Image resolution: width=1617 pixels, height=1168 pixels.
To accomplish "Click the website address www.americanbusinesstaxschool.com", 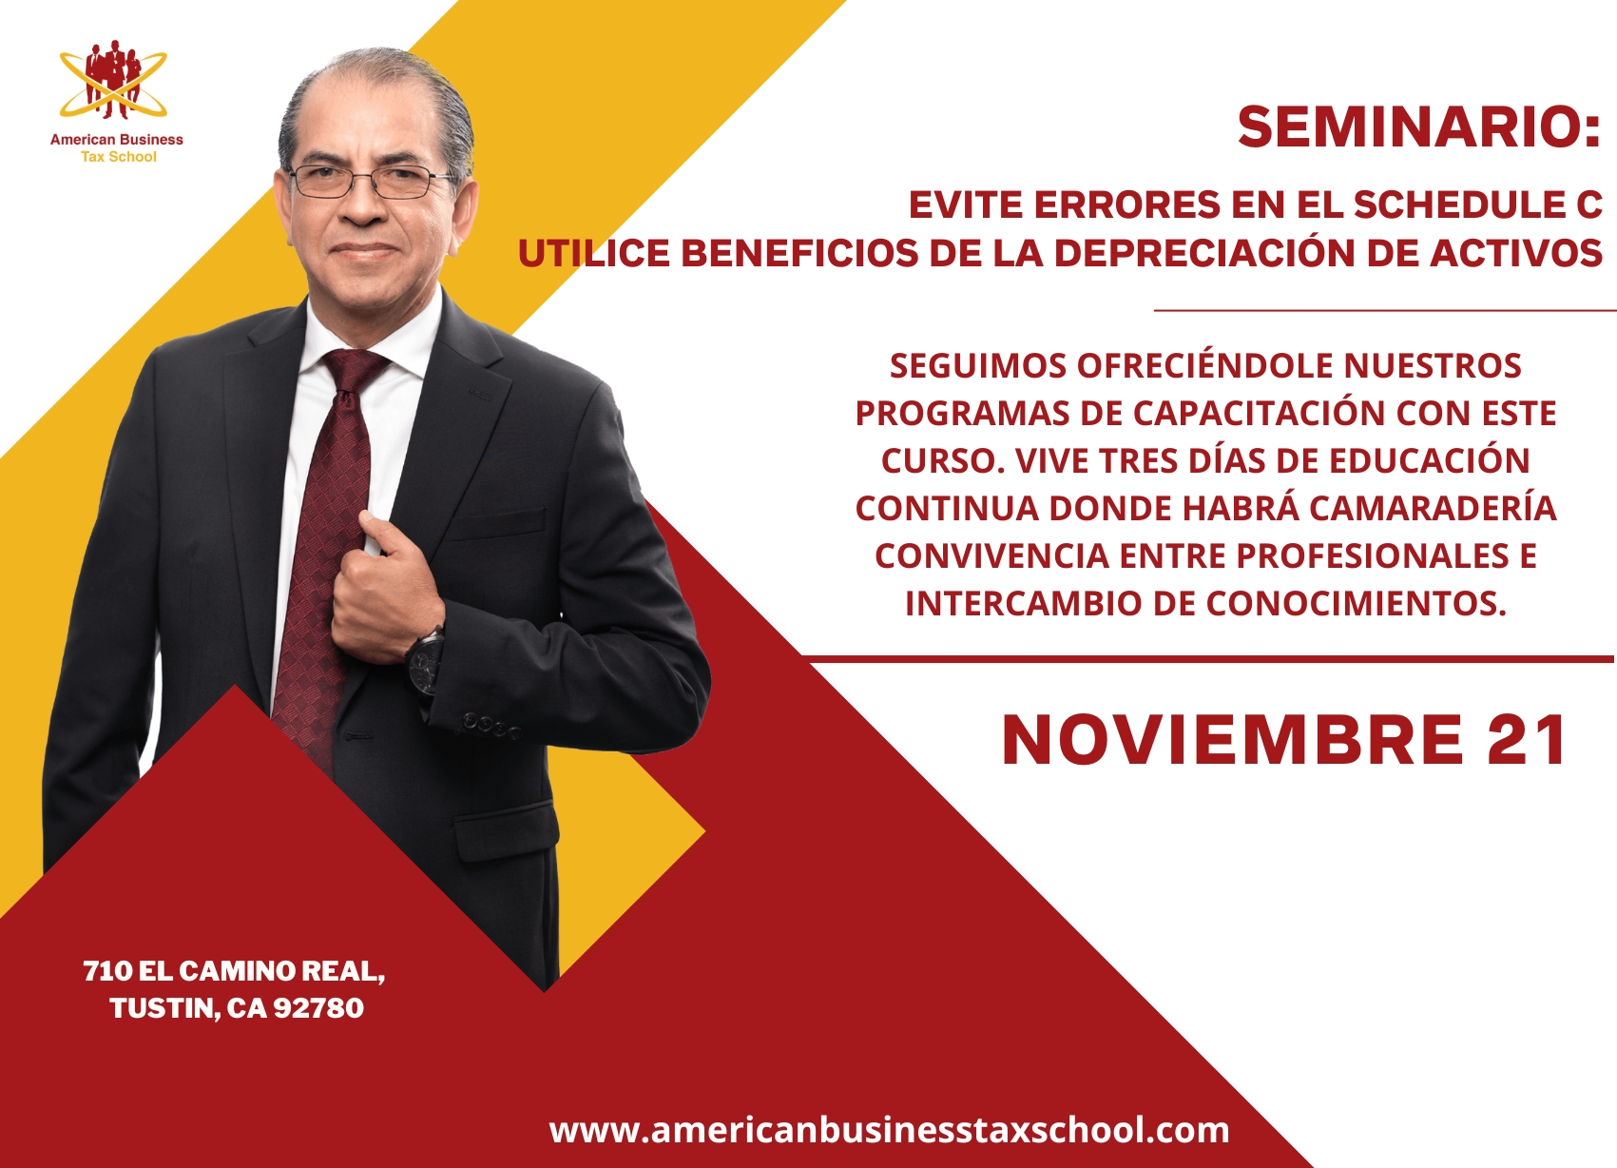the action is [889, 1130].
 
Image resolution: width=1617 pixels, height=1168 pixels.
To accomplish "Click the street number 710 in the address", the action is [106, 971].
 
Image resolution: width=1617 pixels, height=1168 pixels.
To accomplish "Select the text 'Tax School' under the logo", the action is [118, 157].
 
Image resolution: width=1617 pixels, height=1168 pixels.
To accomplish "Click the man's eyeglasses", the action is [371, 181].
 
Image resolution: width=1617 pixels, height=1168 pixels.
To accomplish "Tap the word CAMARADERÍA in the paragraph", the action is [1433, 508].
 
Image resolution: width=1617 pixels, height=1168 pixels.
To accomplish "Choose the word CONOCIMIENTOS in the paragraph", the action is [1357, 603].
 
